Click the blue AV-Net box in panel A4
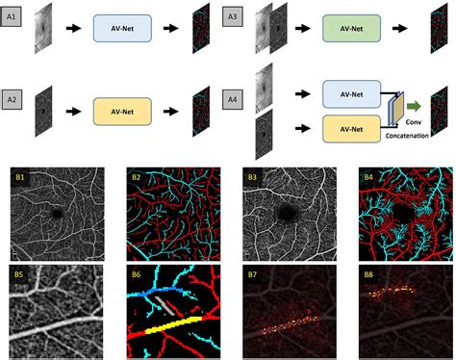coord(349,93)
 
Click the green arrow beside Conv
coord(411,108)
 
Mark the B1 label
coord(18,176)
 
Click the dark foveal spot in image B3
coord(286,213)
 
